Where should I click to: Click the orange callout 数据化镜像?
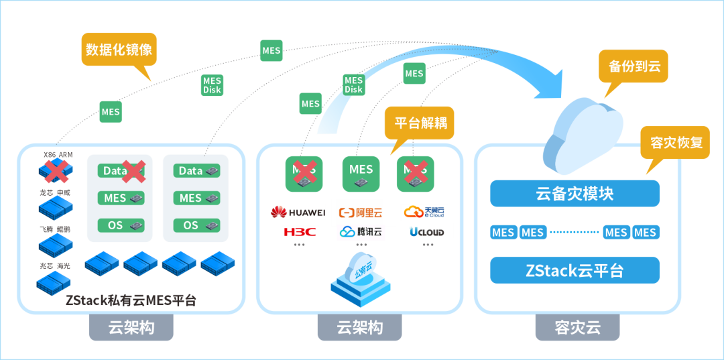(119, 50)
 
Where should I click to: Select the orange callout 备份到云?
(634, 66)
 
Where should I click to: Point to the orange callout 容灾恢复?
(675, 143)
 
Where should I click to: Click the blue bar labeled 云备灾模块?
(575, 194)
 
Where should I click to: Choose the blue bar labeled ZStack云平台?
(575, 270)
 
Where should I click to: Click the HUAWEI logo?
(298, 213)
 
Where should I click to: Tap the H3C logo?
(299, 232)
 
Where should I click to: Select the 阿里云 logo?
(363, 213)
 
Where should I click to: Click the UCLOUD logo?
(427, 231)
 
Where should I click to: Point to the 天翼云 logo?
(424, 212)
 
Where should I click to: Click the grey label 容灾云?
(577, 328)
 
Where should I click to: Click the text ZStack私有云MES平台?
(131, 300)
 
